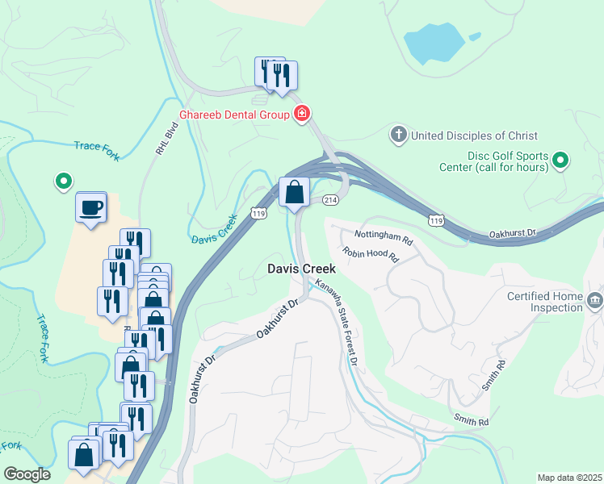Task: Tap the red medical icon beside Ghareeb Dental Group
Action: tap(302, 114)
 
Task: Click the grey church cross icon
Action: tap(398, 135)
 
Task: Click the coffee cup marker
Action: tap(90, 207)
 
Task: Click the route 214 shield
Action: tap(329, 198)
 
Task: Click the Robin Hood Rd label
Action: tap(371, 256)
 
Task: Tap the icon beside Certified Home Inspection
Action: tap(596, 302)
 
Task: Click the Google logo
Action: tap(27, 474)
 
